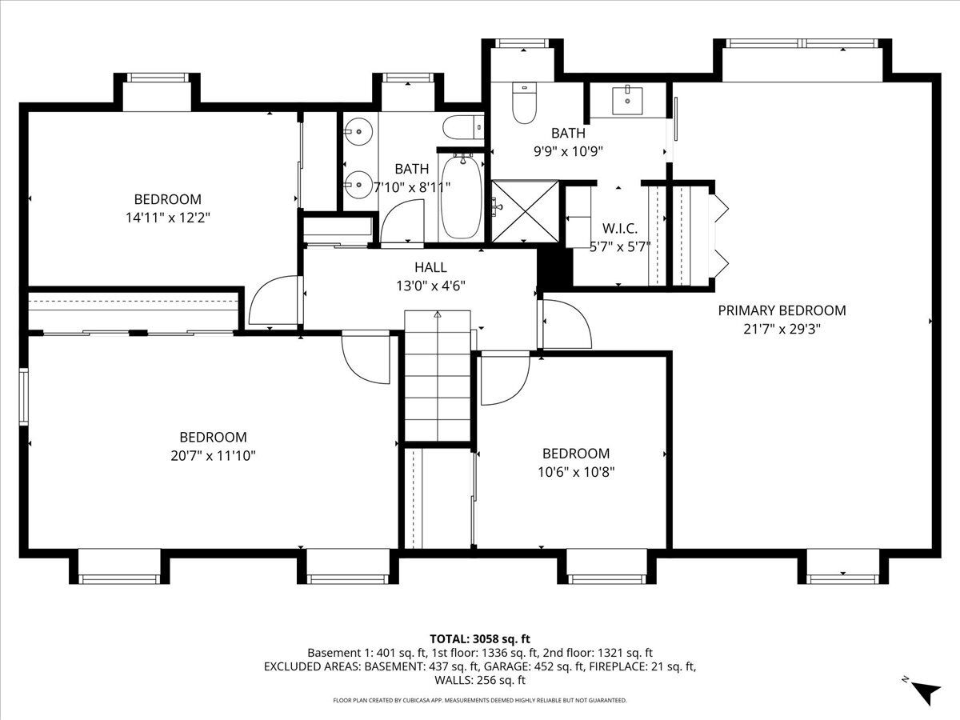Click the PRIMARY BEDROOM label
click(782, 310)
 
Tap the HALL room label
click(430, 267)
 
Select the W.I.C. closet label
click(620, 228)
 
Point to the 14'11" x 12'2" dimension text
click(168, 218)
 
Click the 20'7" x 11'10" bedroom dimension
click(213, 456)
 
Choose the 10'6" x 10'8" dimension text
click(576, 472)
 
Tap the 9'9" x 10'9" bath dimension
click(568, 152)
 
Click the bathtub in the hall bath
click(462, 196)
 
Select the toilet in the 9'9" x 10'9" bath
click(524, 103)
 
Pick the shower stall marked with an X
click(525, 211)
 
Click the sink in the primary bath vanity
click(627, 101)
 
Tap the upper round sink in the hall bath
click(358, 131)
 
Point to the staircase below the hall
click(438, 376)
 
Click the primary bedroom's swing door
click(567, 324)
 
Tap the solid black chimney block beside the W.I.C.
click(554, 266)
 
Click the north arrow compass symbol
click(926, 694)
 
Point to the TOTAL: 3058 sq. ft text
click(480, 639)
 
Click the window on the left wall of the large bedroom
click(24, 397)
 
